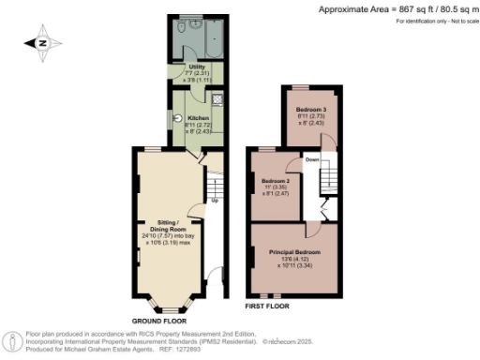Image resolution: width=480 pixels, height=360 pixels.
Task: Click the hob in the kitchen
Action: (216, 99)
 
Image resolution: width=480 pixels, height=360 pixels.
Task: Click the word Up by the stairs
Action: (214, 202)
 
